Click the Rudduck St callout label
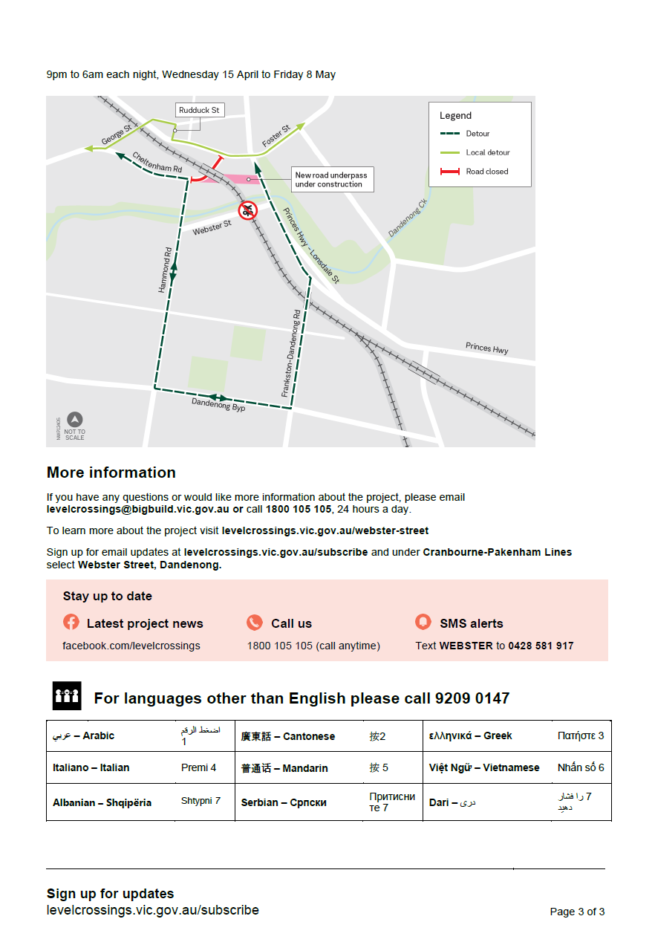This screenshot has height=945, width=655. (200, 111)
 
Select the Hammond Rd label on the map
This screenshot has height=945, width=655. (166, 269)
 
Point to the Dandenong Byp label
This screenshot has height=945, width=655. (218, 405)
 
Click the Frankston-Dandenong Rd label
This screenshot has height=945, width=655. (292, 352)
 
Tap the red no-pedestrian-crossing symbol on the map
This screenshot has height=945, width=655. (247, 210)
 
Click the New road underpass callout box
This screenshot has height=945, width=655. (330, 180)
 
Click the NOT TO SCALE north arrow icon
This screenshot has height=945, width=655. (75, 420)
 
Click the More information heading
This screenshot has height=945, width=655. (111, 472)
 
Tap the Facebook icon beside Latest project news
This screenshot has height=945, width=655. (71, 623)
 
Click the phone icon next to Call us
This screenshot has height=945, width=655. (255, 623)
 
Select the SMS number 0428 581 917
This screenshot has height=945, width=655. (541, 646)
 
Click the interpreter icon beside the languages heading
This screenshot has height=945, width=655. (67, 696)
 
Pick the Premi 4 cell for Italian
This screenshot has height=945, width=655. (199, 767)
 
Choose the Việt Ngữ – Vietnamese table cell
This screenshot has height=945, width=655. (484, 767)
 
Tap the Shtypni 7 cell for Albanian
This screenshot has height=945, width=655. (201, 802)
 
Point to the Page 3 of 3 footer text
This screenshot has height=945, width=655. (577, 912)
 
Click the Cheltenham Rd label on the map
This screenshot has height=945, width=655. (157, 163)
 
